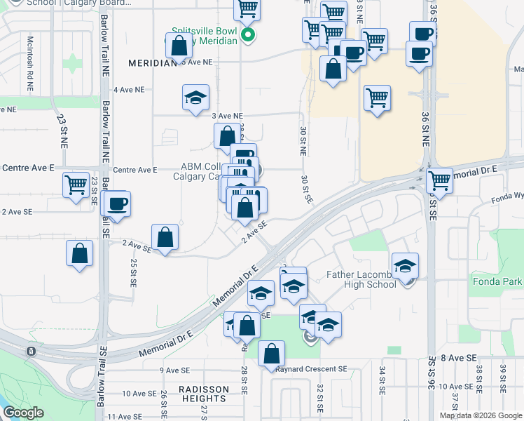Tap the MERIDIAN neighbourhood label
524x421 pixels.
coord(152,63)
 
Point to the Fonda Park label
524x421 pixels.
coord(502,281)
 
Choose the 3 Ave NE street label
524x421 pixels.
coord(227,115)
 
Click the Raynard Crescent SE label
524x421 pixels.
coord(311,369)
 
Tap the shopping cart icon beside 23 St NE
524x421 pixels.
coord(76,186)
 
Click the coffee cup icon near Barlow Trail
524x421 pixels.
coord(116,203)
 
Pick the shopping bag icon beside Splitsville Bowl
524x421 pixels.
coord(180,47)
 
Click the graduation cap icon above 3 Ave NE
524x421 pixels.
coord(195,98)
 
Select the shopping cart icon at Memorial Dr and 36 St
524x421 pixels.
coord(440,180)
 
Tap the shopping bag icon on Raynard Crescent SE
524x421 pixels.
coord(271,354)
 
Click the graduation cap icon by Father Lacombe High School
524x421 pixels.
coord(406,266)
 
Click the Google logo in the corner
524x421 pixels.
coord(23,413)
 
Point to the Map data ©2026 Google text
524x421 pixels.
coord(481,415)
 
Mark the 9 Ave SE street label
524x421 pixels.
coord(175,370)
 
